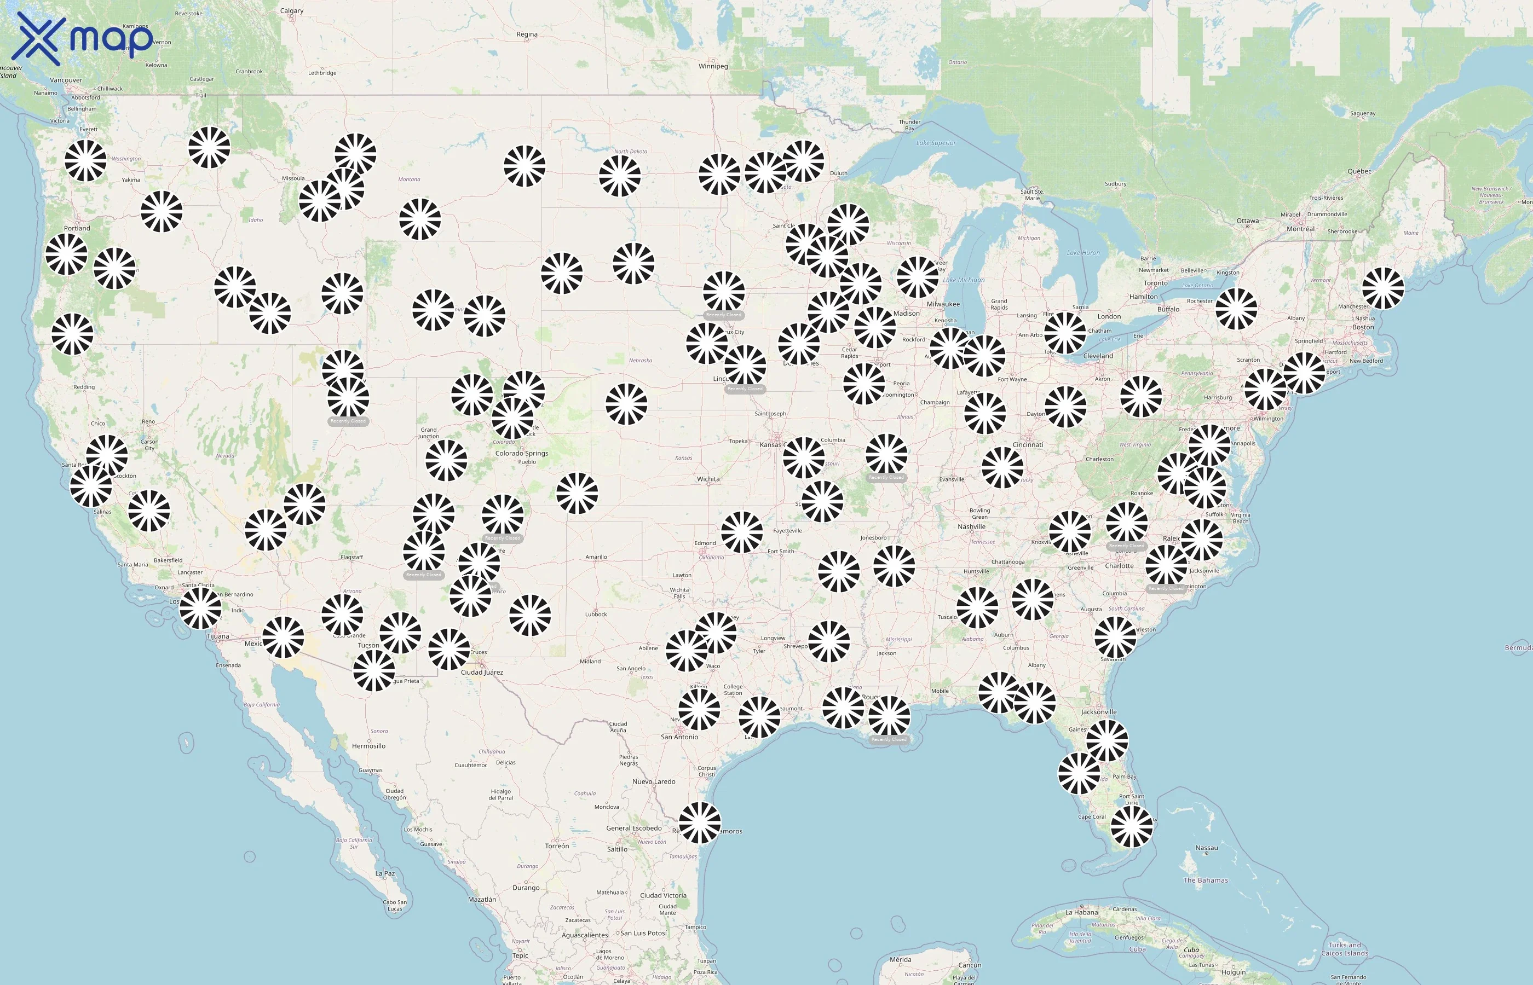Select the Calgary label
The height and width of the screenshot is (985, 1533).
coord(292,11)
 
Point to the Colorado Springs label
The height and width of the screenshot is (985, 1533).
coord(521,454)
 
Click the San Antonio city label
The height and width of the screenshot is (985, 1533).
coord(679,737)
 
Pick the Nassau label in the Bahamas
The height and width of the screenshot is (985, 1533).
coord(1206,848)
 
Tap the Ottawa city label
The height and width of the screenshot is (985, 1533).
coord(1247,221)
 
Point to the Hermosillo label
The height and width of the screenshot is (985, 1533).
coord(368,746)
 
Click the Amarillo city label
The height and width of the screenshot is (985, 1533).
coord(596,557)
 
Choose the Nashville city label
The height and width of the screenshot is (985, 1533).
coord(971,526)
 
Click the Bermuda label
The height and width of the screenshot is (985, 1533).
coord(1518,648)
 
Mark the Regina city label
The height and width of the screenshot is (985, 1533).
coord(527,34)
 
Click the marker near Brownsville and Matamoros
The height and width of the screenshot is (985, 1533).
coord(699,822)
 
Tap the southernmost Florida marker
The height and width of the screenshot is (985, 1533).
coord(1131,827)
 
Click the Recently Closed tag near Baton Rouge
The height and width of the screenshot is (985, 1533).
coord(888,739)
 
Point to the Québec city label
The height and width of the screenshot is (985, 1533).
coord(1359,171)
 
